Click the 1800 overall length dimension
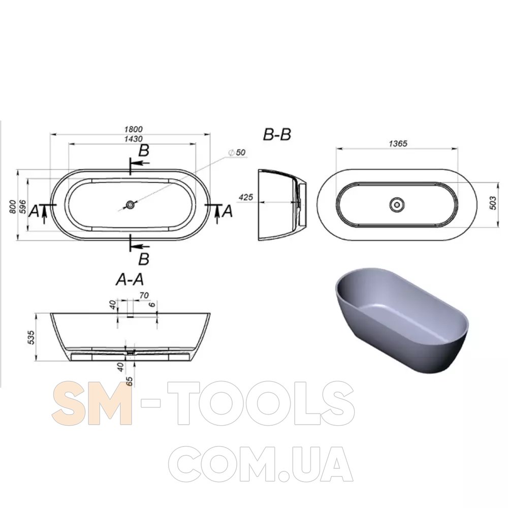pos(134,129)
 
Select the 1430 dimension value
pos(134,139)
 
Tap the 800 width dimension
pos(12,207)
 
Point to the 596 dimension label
pos(22,206)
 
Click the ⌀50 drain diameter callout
pos(237,152)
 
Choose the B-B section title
pos(277,135)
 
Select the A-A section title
pos(130,279)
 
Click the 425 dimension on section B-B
pos(245,197)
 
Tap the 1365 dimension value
pos(398,143)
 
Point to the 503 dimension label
pos(493,203)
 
